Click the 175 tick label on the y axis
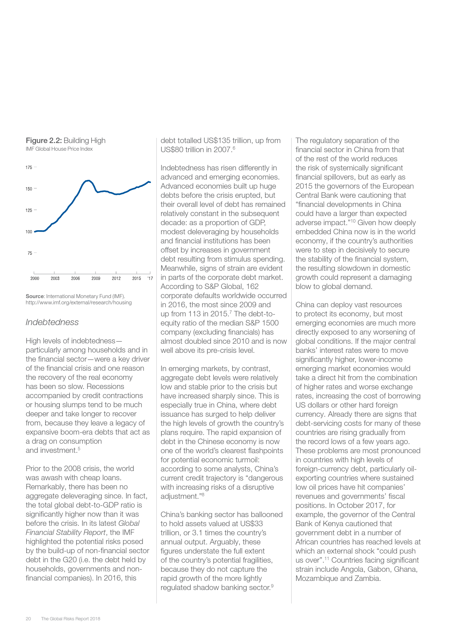(x=28, y=167)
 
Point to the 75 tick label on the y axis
(x=30, y=253)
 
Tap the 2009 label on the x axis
(x=96, y=278)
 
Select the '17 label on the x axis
(x=150, y=278)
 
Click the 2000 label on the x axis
(x=35, y=278)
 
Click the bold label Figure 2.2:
(x=44, y=140)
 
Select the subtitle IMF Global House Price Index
(x=59, y=149)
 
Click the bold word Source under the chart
(x=35, y=296)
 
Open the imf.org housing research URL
(x=78, y=302)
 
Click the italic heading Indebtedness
(x=52, y=322)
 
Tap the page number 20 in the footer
(x=28, y=618)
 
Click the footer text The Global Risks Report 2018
(x=70, y=618)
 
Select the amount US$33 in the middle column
(x=251, y=524)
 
